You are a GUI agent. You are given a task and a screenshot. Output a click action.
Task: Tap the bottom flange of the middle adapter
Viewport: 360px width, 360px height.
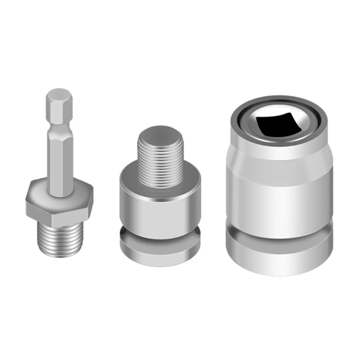pyautogui.click(x=160, y=248)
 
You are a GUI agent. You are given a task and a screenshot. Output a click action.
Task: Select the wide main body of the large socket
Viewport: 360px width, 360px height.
pyautogui.click(x=279, y=194)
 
